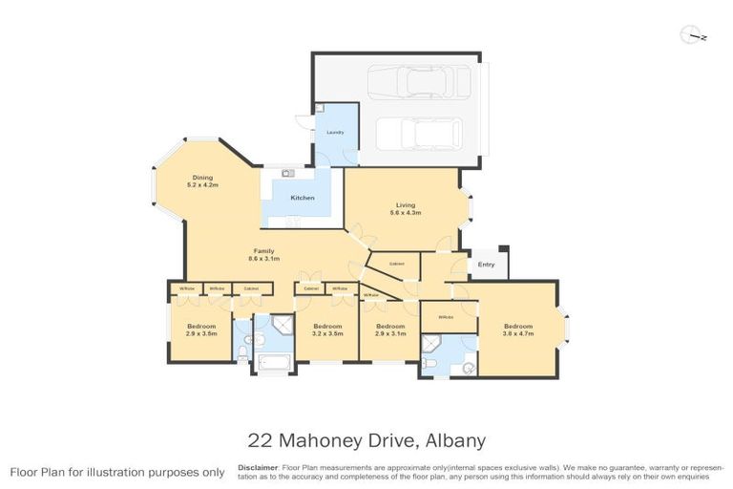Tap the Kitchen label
click(x=303, y=198)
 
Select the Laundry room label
click(x=334, y=133)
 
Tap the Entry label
click(x=487, y=265)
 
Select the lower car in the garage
click(x=418, y=133)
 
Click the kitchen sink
click(x=287, y=174)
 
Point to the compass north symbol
click(x=693, y=37)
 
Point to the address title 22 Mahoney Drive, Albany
click(x=366, y=440)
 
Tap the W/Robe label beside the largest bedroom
click(x=445, y=317)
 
